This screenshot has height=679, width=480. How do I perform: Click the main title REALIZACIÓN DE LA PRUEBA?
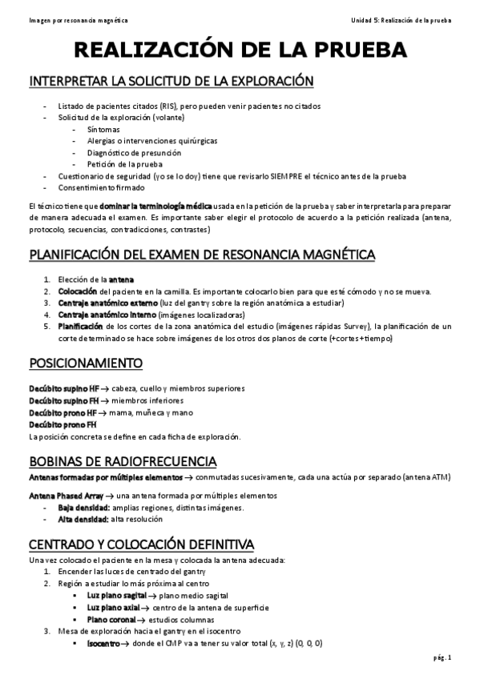(240, 50)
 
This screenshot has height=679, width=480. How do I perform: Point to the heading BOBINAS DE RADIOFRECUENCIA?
(122, 461)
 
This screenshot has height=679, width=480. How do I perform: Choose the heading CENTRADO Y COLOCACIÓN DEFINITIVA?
(141, 544)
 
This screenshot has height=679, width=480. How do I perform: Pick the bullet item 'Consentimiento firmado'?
(102, 187)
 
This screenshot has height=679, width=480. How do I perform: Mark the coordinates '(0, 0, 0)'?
(308, 643)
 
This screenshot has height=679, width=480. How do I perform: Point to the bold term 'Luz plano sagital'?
(116, 596)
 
